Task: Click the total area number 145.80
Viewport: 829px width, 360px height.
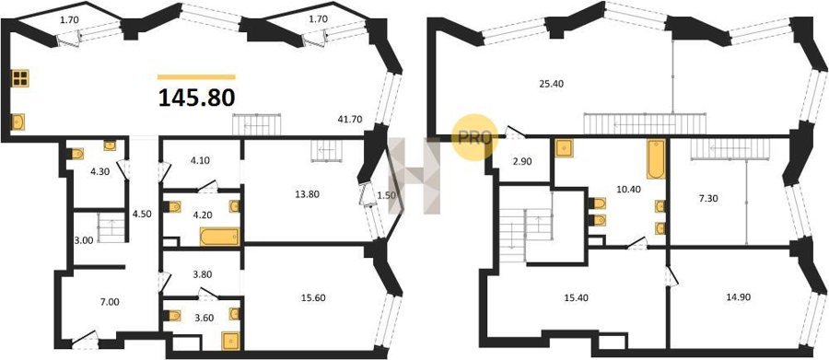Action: coord(197,98)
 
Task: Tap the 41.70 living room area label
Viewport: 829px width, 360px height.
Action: coord(349,119)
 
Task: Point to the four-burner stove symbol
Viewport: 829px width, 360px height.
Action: coord(20,77)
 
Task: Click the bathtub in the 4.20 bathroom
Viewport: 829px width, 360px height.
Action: coord(219,237)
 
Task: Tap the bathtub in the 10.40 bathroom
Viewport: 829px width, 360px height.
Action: coord(656,159)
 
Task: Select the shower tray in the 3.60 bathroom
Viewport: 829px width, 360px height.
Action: coord(231,341)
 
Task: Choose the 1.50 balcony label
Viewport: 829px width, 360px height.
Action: coord(387,194)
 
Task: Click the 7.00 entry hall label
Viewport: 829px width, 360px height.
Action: coord(109,302)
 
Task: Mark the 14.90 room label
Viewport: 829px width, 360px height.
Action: coord(739,297)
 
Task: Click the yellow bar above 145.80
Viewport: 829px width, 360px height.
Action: coord(197,76)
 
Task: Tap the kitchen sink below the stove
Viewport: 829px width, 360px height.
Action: coord(18,122)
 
